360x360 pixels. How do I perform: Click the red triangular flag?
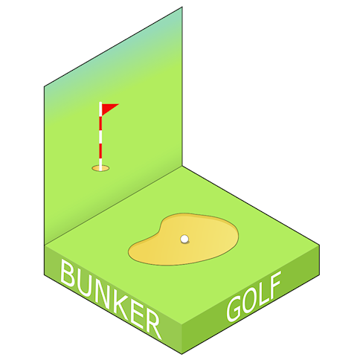point(108,109)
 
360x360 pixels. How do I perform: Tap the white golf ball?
point(184,239)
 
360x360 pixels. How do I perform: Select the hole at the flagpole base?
point(100,168)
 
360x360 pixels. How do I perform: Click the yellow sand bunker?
point(184,239)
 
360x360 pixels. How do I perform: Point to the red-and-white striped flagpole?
point(100,136)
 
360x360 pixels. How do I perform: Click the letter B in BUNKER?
point(67,272)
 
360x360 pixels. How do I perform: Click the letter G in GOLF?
point(234,309)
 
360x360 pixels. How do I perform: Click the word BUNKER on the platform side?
point(111,299)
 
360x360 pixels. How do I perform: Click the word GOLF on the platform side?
point(254,296)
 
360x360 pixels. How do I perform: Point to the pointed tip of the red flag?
point(119,104)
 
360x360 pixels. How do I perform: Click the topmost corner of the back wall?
point(182,7)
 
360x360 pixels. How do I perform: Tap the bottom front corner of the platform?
point(181,353)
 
